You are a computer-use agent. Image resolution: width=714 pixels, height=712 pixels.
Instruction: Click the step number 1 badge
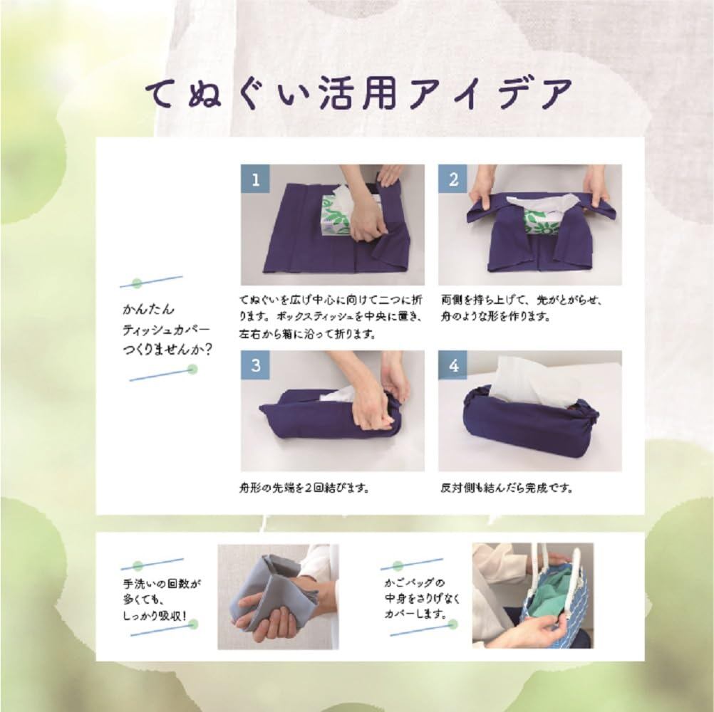(255, 179)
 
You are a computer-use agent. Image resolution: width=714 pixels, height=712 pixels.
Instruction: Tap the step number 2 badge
(453, 179)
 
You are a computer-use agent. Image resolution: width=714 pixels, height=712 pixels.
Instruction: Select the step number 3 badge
(255, 365)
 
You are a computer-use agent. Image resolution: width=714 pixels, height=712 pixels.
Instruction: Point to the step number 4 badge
(453, 365)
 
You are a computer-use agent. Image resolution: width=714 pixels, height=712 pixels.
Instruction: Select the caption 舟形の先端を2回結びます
(304, 488)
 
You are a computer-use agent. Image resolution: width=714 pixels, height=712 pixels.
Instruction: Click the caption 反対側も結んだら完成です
(507, 488)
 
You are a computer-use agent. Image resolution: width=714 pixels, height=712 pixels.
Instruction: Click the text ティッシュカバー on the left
(166, 330)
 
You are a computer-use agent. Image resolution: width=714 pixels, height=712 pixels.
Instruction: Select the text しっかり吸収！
(155, 617)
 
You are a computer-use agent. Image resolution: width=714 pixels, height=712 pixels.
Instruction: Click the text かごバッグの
(415, 583)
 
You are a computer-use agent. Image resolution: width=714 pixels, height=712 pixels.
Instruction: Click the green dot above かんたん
(137, 283)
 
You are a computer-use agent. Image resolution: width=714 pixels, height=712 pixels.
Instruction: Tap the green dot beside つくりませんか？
(192, 370)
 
